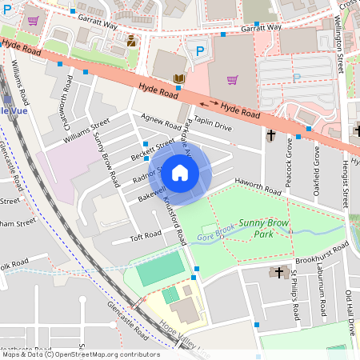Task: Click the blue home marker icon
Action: [x=180, y=172]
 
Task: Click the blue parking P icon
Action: [x=200, y=50]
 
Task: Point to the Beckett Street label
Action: [x=154, y=150]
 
